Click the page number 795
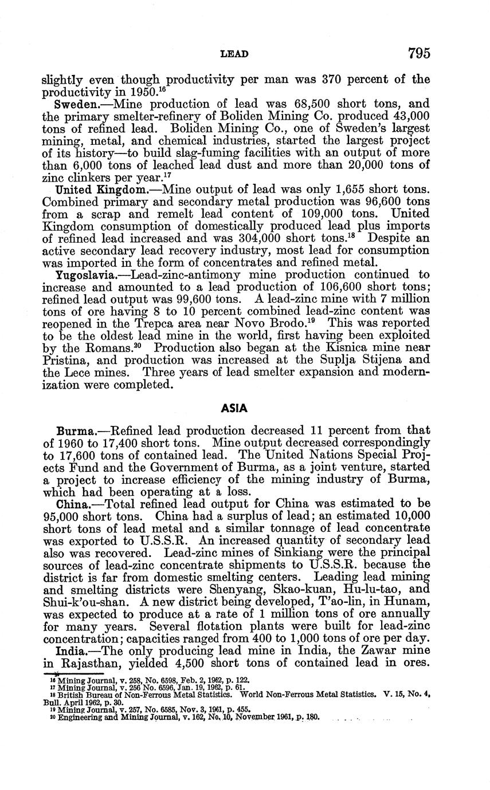pos(419,54)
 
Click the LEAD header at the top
pos(234,55)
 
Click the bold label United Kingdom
pos(100,189)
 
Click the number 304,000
pos(248,238)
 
